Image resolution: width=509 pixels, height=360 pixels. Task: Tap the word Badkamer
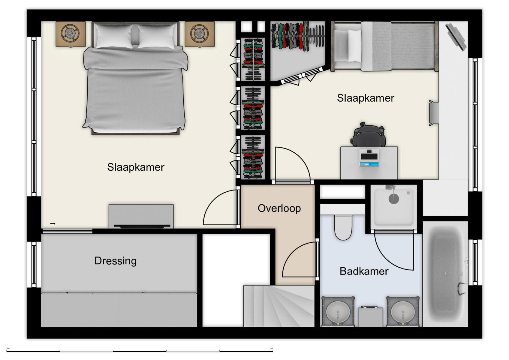click(364, 271)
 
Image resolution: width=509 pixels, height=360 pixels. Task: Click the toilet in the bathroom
click(343, 227)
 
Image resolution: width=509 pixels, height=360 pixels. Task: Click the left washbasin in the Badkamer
click(338, 311)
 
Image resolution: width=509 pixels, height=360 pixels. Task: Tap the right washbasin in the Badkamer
click(403, 311)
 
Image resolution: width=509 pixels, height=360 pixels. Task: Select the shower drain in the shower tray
click(393, 199)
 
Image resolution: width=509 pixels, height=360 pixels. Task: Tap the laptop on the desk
click(369, 157)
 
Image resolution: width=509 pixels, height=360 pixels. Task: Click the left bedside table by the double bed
click(71, 34)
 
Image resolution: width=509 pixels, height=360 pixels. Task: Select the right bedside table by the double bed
click(200, 34)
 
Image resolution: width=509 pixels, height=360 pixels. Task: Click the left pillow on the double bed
click(113, 36)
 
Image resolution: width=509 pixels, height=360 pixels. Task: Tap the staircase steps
click(279, 306)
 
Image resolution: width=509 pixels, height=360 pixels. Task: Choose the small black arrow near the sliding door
click(53, 224)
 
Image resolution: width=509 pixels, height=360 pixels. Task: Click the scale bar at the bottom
click(140, 351)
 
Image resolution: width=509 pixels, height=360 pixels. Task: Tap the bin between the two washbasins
click(370, 316)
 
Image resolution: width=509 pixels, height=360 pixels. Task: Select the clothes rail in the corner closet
click(298, 36)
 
